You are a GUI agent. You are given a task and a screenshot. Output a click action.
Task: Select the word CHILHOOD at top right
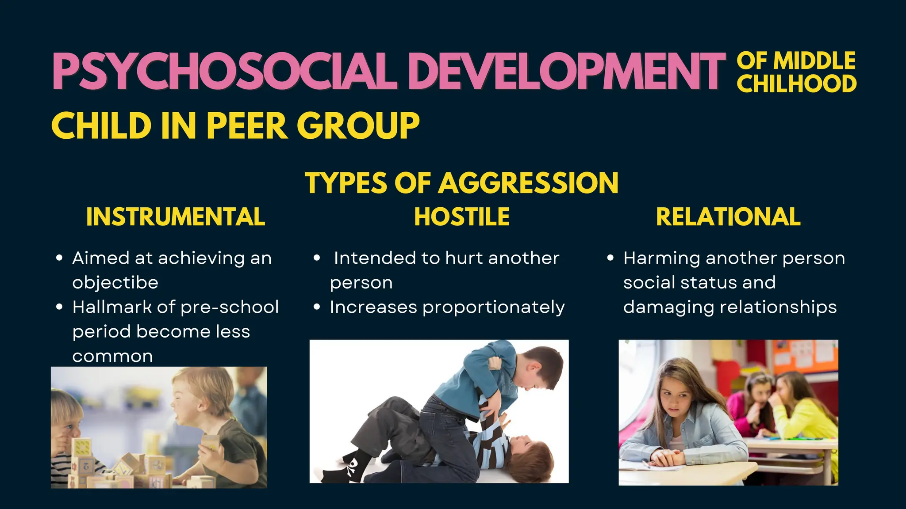point(796,84)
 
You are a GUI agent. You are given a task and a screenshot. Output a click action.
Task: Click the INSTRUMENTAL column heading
point(176,217)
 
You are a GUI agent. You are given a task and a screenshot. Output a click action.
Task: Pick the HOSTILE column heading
point(462,217)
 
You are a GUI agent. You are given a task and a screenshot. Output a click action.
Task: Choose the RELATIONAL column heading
point(728,217)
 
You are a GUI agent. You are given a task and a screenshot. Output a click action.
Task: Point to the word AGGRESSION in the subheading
point(528,183)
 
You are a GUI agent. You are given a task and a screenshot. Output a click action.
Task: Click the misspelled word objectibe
point(115,283)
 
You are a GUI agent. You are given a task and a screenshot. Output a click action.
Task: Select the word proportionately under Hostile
point(494,308)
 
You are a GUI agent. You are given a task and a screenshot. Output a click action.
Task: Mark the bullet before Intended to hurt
point(317,258)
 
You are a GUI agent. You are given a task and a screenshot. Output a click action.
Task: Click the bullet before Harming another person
point(610,258)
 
